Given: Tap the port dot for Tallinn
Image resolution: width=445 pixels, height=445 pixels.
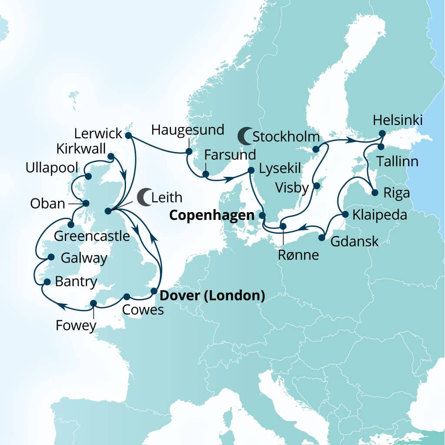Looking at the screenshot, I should (x=381, y=146).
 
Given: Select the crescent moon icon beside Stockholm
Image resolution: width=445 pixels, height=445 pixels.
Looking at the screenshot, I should (x=245, y=136).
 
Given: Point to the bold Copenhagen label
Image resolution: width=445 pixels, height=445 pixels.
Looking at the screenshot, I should (x=212, y=215).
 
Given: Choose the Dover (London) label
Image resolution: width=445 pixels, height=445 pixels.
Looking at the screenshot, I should (x=213, y=296).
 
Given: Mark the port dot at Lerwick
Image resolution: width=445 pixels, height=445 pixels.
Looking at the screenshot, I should (x=128, y=136).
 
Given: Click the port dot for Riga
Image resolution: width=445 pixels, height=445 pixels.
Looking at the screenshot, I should (x=375, y=193).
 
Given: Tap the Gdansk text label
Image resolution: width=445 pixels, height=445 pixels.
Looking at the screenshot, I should (x=355, y=242).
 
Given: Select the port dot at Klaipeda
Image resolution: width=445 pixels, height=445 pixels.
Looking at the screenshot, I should (x=345, y=214).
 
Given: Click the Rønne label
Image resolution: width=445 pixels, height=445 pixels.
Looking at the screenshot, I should (x=299, y=255).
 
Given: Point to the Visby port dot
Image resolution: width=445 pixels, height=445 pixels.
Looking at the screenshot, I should (x=317, y=186).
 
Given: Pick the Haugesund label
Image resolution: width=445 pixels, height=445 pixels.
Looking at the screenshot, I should (x=188, y=130).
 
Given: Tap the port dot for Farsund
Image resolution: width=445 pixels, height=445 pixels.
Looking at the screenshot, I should (x=206, y=174).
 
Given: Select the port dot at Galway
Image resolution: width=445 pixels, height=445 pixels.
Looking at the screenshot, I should (x=51, y=257).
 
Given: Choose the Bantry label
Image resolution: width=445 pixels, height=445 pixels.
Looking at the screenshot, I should (x=76, y=282).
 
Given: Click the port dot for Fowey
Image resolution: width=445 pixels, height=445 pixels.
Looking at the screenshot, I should (x=93, y=303).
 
